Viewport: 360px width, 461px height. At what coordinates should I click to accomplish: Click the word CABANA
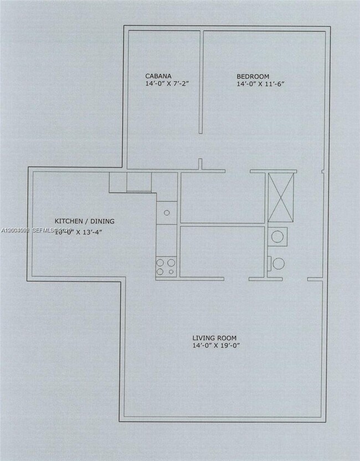tap(158, 76)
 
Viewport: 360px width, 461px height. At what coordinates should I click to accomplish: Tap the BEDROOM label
tap(253, 76)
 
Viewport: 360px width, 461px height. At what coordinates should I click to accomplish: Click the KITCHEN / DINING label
tap(84, 221)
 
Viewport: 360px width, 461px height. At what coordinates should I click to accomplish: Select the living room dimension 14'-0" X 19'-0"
tap(215, 346)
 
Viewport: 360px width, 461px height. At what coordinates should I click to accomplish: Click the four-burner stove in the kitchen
tap(166, 267)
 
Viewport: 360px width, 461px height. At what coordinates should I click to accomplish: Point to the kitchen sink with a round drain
tap(167, 212)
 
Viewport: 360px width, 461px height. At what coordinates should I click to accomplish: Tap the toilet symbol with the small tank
tap(277, 263)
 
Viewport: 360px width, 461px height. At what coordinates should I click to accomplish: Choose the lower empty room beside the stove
tap(222, 251)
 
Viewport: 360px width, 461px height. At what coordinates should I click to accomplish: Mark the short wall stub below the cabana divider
tap(200, 165)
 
